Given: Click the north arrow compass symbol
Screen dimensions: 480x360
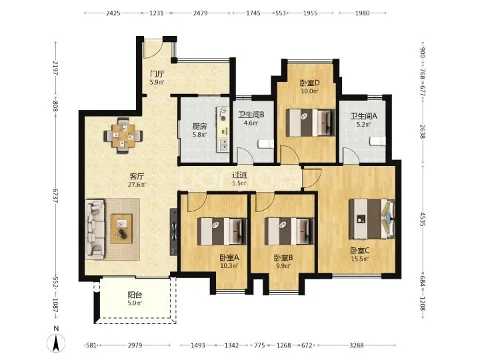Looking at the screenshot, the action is pos(56,343).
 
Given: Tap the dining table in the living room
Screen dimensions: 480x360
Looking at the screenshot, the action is pos(123,135).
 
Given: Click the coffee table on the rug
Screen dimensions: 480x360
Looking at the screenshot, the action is pos(121,229).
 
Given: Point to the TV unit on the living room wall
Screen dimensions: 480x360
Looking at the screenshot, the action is pos(173,232).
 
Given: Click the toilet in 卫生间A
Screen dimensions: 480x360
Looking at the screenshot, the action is pos(377,141).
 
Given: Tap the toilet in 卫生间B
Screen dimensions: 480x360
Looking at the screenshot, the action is pos(266,144).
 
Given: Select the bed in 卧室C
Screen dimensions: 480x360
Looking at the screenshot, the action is pos(372,218).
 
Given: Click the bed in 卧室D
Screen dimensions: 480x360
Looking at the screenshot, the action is pos(311,123).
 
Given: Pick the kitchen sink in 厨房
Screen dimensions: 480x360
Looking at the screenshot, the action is pos(223,145).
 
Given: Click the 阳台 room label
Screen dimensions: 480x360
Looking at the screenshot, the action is pos(135,295).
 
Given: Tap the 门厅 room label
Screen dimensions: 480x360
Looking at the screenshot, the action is pos(157,74).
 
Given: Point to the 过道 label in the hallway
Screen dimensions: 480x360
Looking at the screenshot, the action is pos(239,175).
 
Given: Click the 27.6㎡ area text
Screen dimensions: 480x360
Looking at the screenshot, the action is pos(137,184).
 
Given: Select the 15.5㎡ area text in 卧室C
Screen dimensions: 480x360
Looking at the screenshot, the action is pos(360,259).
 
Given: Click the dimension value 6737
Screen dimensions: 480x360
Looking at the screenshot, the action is pos(55,195).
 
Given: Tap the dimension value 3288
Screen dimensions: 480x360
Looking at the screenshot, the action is pos(356,345).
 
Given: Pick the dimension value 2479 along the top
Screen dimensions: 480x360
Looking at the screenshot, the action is pos(200,13).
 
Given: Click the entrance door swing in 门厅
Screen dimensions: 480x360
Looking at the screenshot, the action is pos(153,49).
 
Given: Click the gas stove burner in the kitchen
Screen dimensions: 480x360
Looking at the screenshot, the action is pos(223,114).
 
